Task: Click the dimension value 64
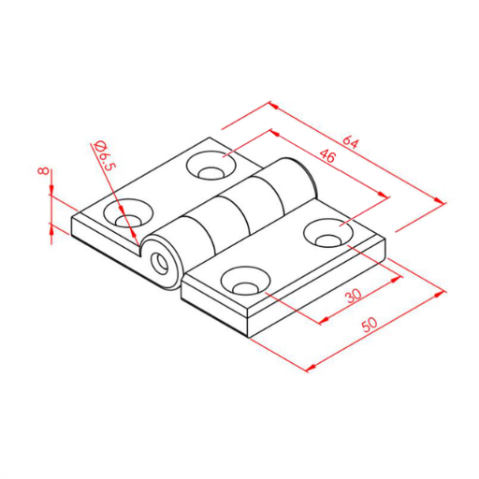coord(351,142)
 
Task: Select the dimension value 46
coord(327,155)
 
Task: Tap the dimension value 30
coord(354,296)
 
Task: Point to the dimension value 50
coord(370,325)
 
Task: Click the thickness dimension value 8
coord(43,171)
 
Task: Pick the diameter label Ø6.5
coord(104,156)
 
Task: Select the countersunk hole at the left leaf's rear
coord(211,166)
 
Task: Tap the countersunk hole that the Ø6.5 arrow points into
coord(128,213)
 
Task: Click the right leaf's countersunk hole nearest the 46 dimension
coord(328,233)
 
